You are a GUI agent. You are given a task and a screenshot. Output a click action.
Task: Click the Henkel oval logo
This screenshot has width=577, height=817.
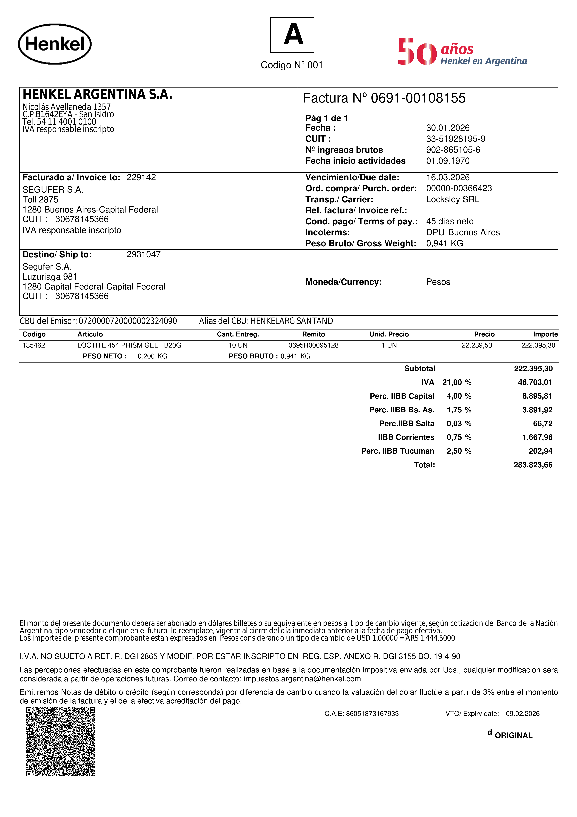click(x=55, y=44)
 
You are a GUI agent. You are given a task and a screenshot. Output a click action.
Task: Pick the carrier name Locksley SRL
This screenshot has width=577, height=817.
click(x=453, y=199)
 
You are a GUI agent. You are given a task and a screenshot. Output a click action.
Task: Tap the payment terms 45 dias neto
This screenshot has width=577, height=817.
click(x=450, y=221)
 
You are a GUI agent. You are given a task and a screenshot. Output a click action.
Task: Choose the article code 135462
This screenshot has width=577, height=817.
click(x=34, y=345)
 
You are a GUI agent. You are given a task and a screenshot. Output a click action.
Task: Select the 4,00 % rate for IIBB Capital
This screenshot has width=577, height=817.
click(x=459, y=396)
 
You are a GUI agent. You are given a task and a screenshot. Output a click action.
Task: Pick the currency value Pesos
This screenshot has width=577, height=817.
click(x=438, y=282)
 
